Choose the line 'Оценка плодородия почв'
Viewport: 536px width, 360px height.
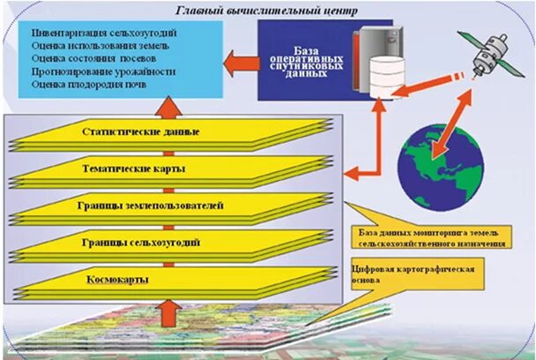click(76, 84)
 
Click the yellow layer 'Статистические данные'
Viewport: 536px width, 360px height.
click(141, 132)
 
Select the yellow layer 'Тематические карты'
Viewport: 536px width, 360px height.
click(141, 169)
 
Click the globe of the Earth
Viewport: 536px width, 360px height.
click(434, 159)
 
